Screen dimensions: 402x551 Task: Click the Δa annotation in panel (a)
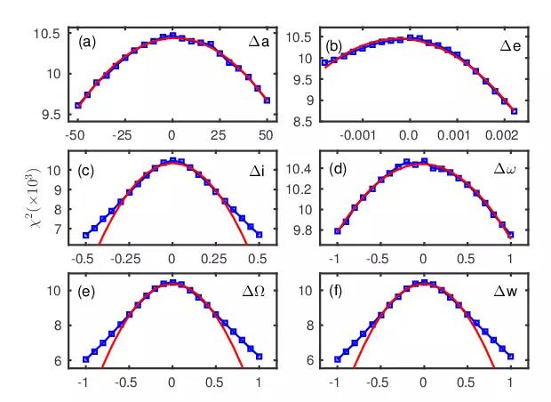[x=260, y=42]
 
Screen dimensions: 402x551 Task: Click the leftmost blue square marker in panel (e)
[x=85, y=359]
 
